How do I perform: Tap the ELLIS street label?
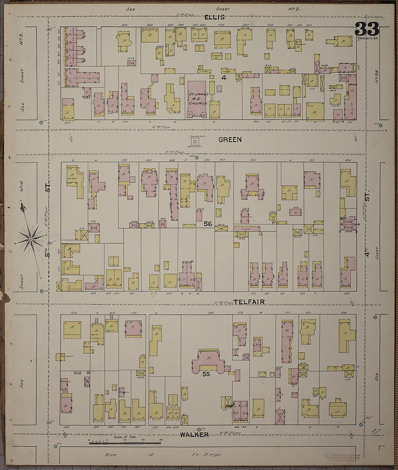click(214, 17)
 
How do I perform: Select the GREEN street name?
click(230, 140)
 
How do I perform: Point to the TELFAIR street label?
click(249, 302)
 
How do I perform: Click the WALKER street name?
click(194, 435)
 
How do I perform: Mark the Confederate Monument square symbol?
click(195, 142)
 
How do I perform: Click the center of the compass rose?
click(31, 239)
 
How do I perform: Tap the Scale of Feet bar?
click(125, 443)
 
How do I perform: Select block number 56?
click(207, 224)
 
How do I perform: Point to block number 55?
click(206, 374)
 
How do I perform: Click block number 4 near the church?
click(224, 77)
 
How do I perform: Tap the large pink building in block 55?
click(208, 362)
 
